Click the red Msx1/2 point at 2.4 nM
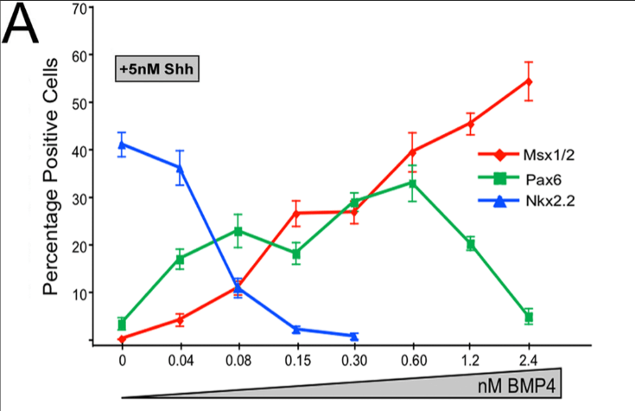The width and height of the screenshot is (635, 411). [x=529, y=82]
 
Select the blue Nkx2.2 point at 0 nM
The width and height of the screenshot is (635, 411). [x=122, y=144]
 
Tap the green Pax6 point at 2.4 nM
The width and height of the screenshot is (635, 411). [x=529, y=318]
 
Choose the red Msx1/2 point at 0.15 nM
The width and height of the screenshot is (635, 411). [x=296, y=213]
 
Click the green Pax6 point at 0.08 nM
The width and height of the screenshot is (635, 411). [x=238, y=231]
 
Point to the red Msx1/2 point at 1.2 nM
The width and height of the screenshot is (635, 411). [x=471, y=123]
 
